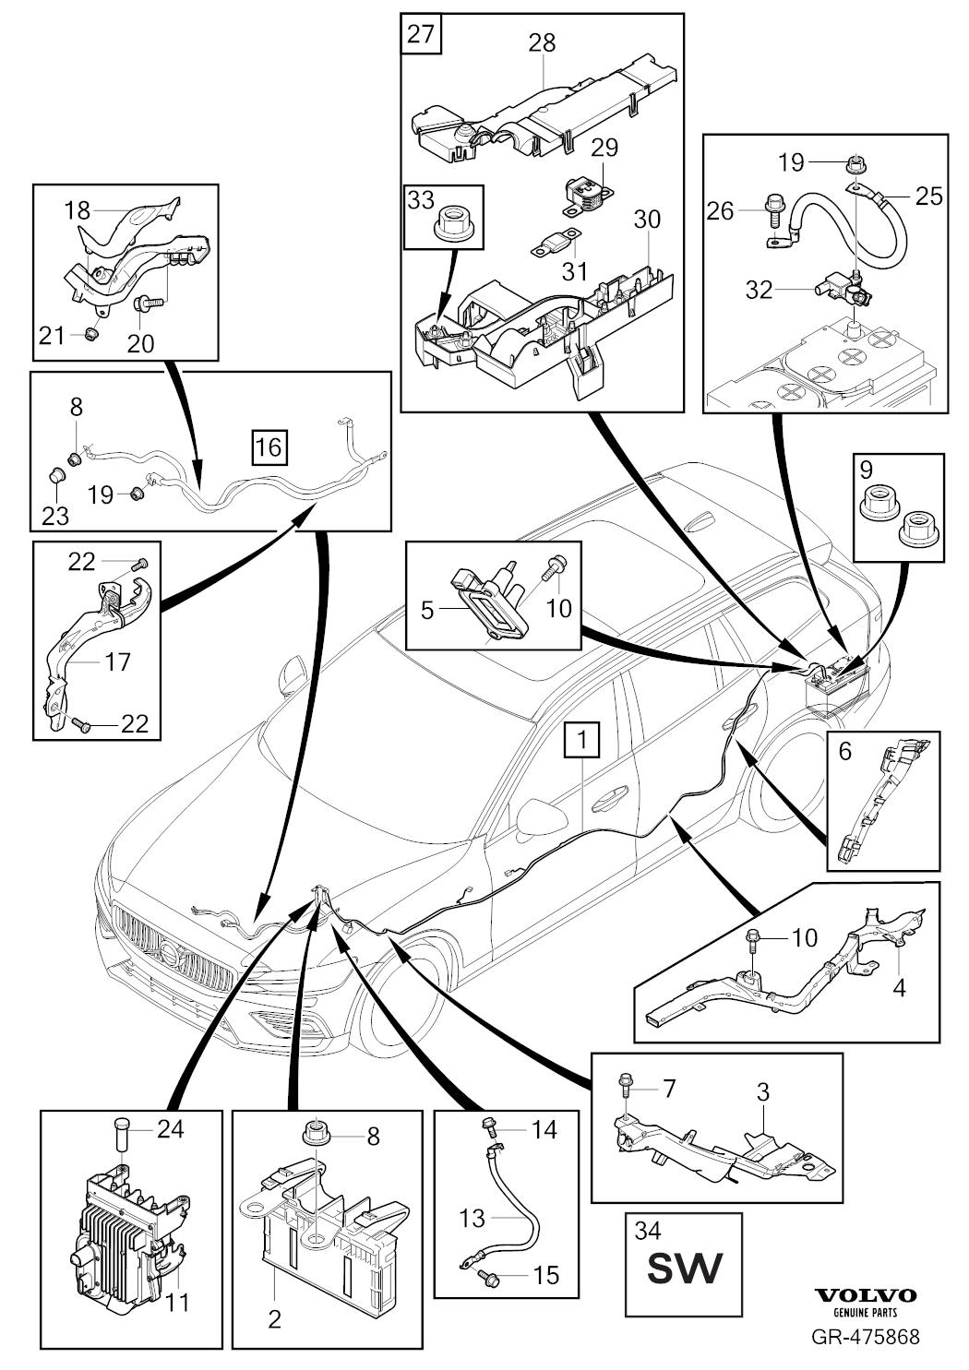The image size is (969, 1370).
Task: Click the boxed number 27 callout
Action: coord(421,36)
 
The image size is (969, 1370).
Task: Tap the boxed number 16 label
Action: coord(268,447)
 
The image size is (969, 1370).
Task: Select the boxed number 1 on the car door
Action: coord(582,740)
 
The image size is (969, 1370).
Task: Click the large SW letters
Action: coord(684,1269)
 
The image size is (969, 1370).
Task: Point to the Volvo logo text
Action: coord(864,1295)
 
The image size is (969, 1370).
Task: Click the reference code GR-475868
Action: coord(865,1336)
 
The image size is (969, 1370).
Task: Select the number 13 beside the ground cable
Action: coord(472,1218)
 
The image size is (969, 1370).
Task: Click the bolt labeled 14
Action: coord(489,1126)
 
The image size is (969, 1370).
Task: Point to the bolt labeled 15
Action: coord(490,1277)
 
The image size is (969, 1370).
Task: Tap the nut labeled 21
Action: coord(91,333)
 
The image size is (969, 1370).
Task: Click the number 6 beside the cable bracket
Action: coord(845,752)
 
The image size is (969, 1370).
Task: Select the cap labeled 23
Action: coord(56,477)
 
